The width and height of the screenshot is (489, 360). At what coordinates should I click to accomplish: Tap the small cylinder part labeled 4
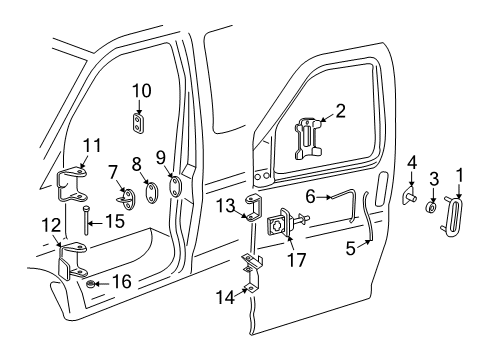tap(411, 198)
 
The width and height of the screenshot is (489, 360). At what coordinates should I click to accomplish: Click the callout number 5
tap(351, 248)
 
